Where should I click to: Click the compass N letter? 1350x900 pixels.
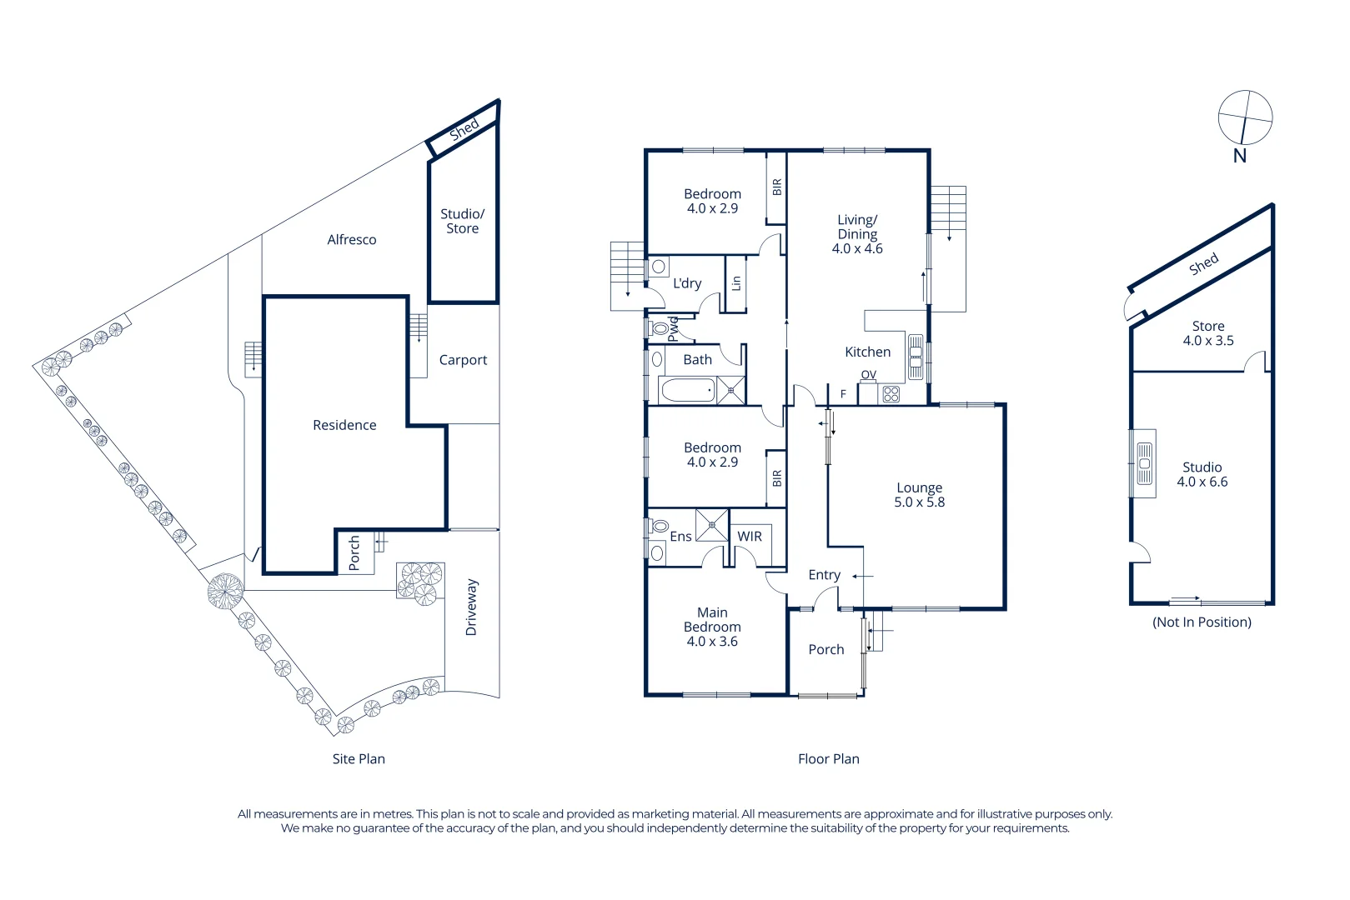tap(1239, 156)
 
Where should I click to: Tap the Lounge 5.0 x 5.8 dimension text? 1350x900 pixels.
tap(919, 502)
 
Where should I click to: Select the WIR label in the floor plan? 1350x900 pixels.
tap(749, 536)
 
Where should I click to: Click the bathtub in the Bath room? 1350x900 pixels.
tap(688, 390)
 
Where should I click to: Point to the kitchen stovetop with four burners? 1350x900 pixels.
tap(891, 394)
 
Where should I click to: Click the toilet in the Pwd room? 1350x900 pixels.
tap(659, 329)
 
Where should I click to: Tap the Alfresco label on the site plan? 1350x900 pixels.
tap(351, 240)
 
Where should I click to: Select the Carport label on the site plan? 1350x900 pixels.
tap(463, 360)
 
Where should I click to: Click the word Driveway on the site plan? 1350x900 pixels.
tap(471, 607)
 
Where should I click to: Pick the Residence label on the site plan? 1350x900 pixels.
tap(344, 425)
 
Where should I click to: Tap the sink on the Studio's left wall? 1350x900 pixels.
tap(1145, 463)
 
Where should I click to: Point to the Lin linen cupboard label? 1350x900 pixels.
tap(735, 283)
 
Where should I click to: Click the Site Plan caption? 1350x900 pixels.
tap(359, 759)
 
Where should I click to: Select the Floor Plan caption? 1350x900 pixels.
tap(829, 759)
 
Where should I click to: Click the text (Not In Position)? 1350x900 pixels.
tap(1202, 622)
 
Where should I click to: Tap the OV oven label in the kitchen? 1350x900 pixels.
tap(869, 375)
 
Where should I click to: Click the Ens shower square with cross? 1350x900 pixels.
tap(712, 525)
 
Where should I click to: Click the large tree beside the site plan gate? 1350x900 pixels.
tap(225, 591)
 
